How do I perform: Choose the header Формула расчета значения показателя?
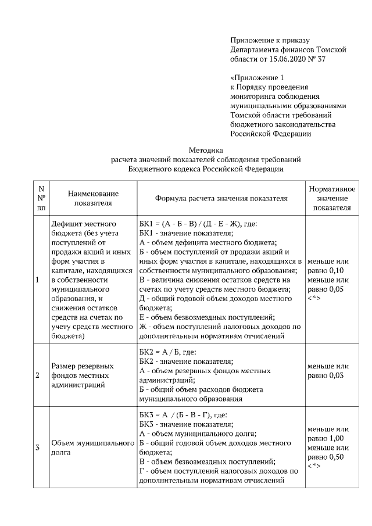[221, 198]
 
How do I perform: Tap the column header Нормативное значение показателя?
[332, 198]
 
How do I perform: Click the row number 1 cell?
[38, 280]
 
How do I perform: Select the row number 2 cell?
[38, 375]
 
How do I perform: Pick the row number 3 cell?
[38, 448]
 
